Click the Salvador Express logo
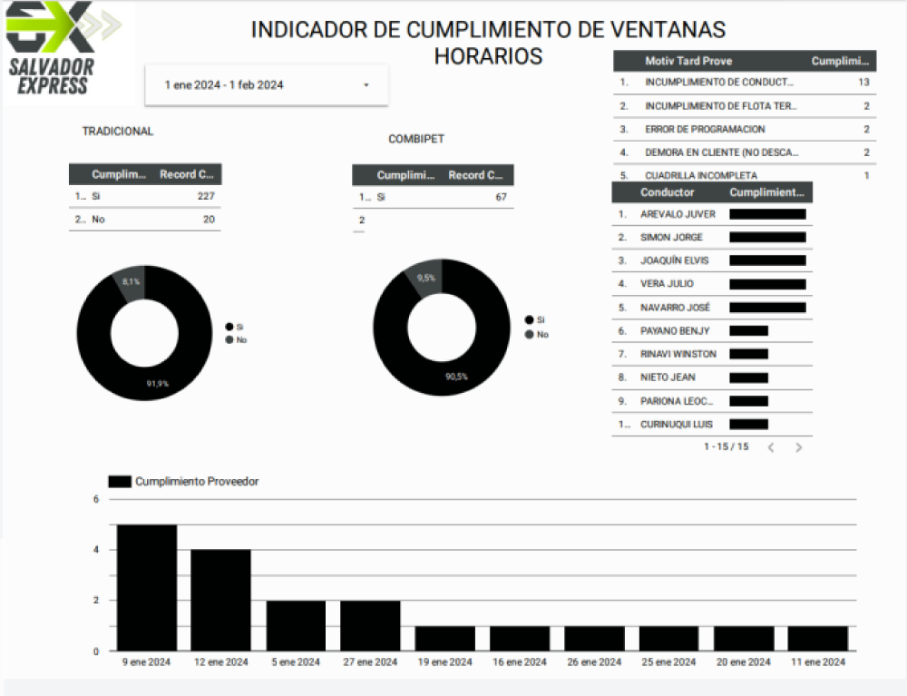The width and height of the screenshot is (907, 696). pyautogui.click(x=63, y=50)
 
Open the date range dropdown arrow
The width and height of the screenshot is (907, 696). pyautogui.click(x=366, y=85)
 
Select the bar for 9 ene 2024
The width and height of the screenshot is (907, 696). pyautogui.click(x=147, y=587)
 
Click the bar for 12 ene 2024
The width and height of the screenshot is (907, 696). pyautogui.click(x=220, y=600)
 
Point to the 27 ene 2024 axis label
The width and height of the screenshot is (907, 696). pyautogui.click(x=370, y=662)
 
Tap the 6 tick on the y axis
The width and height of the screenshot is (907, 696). pyautogui.click(x=96, y=499)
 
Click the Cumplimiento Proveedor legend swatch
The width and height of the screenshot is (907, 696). pyautogui.click(x=119, y=482)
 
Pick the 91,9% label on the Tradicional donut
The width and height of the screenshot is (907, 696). pyautogui.click(x=158, y=384)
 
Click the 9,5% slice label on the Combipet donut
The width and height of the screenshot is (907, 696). pyautogui.click(x=425, y=278)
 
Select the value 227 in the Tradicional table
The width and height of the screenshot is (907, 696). pyautogui.click(x=206, y=196)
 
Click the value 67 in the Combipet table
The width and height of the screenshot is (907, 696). pyautogui.click(x=501, y=197)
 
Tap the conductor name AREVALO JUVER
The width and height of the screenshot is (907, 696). pyautogui.click(x=678, y=215)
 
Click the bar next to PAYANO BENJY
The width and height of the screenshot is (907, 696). pyautogui.click(x=748, y=331)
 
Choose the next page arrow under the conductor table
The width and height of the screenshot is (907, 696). pyautogui.click(x=798, y=447)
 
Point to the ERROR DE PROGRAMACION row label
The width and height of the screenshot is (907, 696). pyautogui.click(x=705, y=130)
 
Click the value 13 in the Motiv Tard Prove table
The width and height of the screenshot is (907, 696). pyautogui.click(x=863, y=83)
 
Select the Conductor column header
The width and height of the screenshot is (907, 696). pyautogui.click(x=667, y=192)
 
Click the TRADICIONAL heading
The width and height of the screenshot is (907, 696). pyautogui.click(x=118, y=132)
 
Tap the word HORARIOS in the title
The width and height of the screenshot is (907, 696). pyautogui.click(x=488, y=56)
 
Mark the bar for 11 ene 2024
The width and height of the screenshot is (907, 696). pyautogui.click(x=818, y=638)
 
